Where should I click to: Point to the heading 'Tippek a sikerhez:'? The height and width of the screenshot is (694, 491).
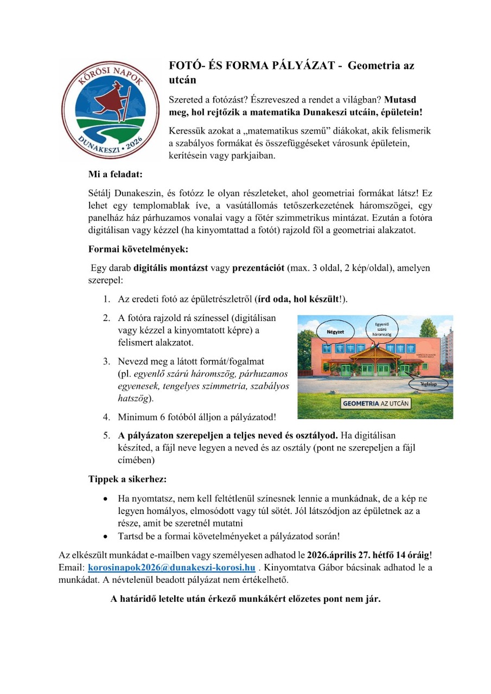[x=127, y=479]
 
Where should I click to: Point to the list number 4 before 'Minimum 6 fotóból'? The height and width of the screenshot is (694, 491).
[x=106, y=417]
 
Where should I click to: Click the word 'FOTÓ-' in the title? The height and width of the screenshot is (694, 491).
[x=188, y=66]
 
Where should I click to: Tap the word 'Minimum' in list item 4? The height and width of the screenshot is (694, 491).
[x=137, y=417]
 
